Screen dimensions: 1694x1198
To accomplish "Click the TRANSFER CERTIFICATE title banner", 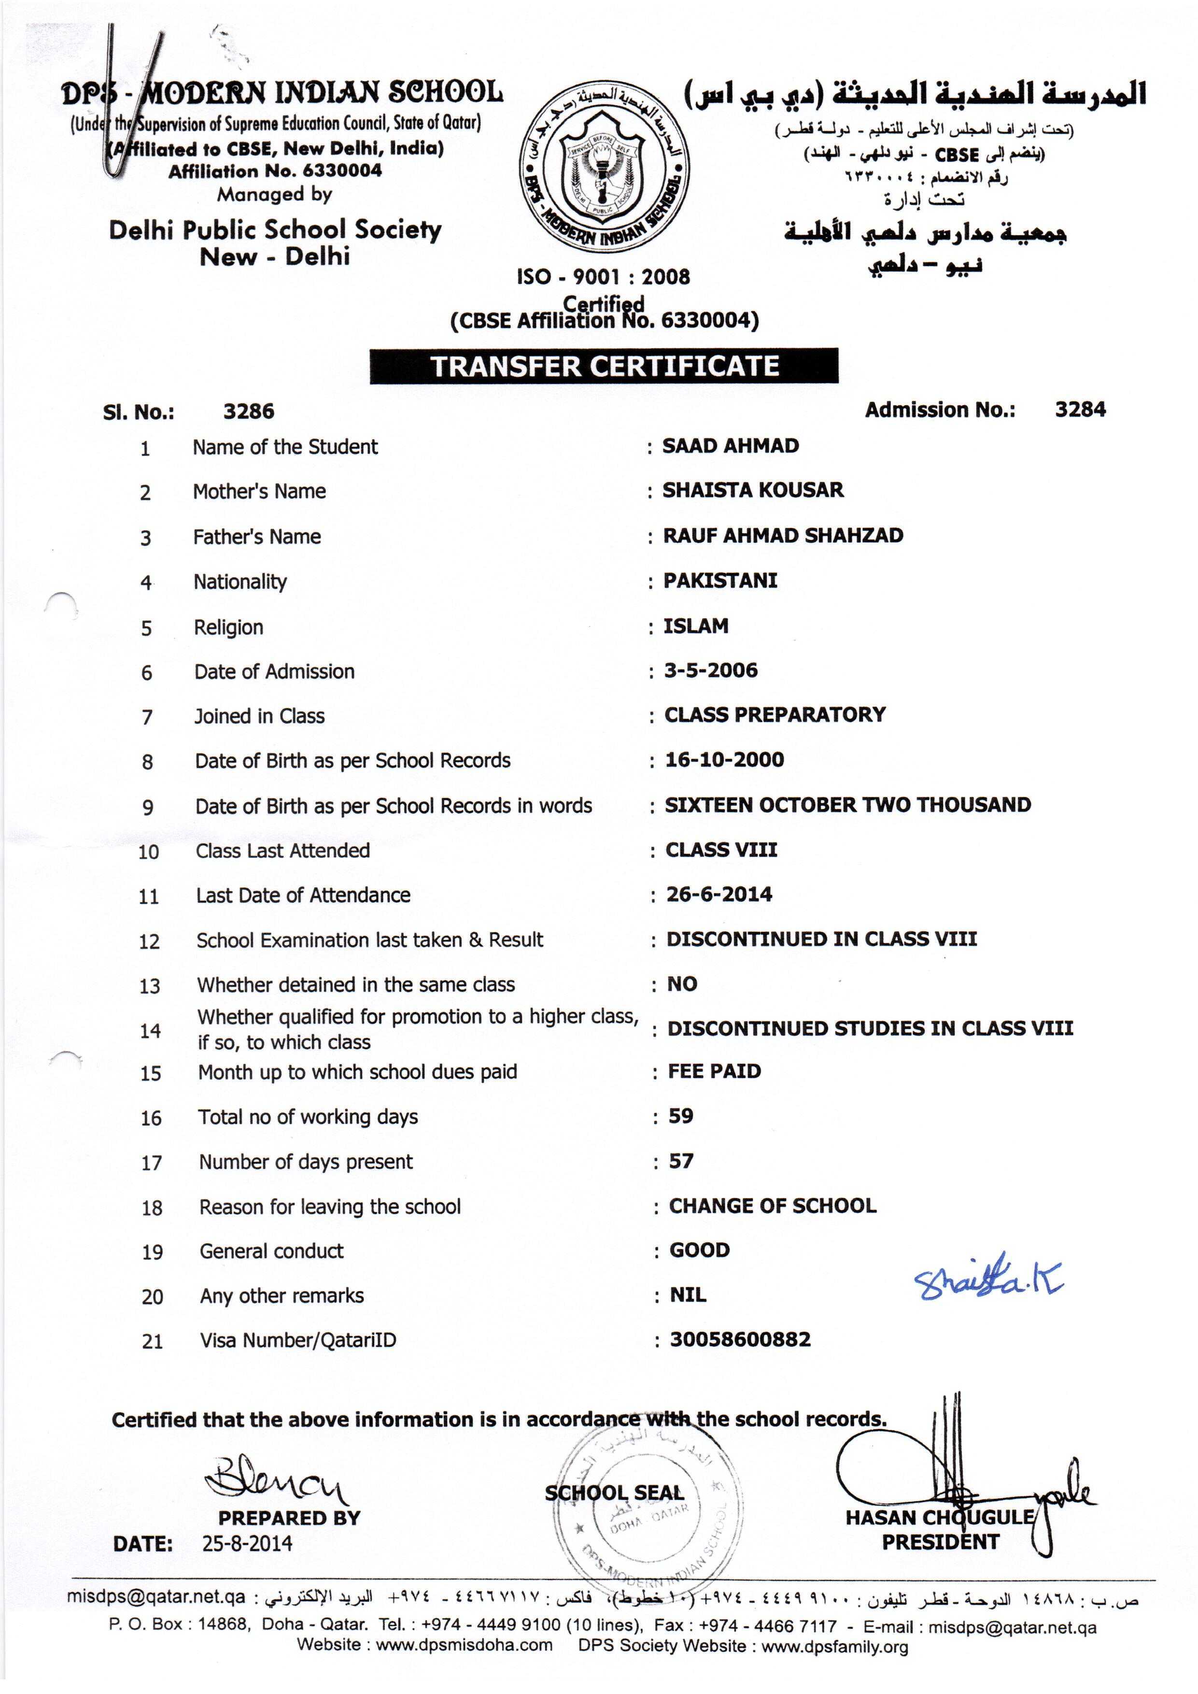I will (604, 366).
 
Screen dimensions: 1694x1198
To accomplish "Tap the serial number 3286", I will (249, 411).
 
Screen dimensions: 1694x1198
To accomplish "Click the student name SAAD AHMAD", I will (730, 446).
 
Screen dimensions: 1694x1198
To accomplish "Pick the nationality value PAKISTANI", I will (720, 581).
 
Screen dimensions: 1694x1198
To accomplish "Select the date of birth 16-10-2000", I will (724, 759).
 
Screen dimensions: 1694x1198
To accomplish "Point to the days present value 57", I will (681, 1161).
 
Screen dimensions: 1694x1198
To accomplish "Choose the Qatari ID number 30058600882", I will (740, 1339).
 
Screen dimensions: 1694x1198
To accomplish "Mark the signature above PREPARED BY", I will (277, 1478).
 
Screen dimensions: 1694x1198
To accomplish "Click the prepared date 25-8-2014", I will (247, 1543).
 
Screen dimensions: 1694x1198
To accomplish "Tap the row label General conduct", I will (271, 1251).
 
